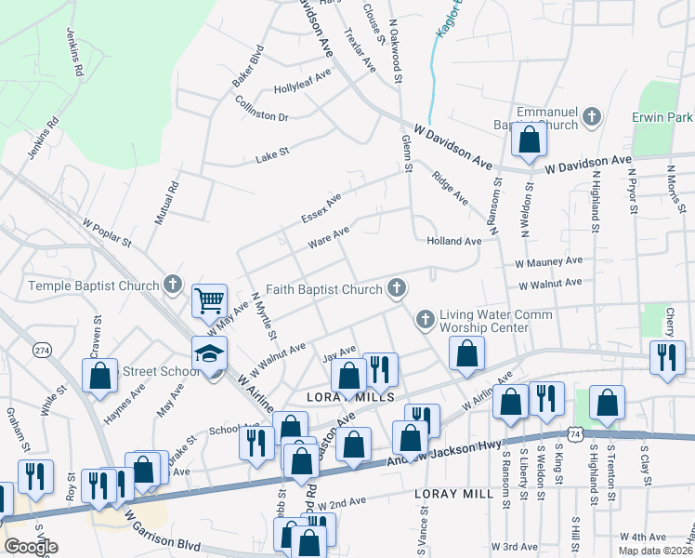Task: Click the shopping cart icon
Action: [x=210, y=300]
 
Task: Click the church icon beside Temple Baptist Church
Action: [x=172, y=285]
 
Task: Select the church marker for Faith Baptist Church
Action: [x=397, y=289]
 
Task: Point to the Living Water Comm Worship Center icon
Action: [x=426, y=320]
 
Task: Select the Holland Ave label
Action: [x=454, y=241]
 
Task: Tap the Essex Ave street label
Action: [x=321, y=208]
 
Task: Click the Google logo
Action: [x=30, y=547]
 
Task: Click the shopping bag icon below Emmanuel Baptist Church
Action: [x=529, y=140]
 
